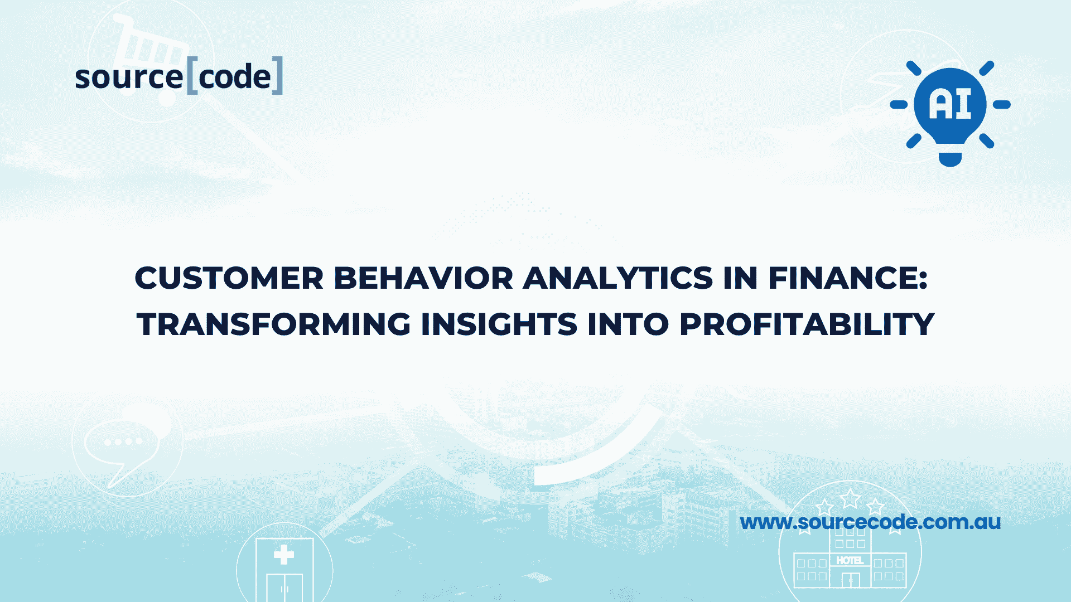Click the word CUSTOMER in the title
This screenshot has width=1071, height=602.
coord(229,278)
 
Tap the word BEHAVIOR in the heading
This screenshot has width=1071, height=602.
coord(423,278)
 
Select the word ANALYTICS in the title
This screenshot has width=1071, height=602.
coord(617,278)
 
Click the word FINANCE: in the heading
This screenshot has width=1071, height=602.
coord(848,278)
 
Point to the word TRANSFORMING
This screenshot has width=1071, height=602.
coord(273,324)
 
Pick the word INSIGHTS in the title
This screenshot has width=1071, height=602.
coord(499,324)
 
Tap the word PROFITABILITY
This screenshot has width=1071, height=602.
coord(806,324)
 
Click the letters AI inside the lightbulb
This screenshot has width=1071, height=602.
coord(950,104)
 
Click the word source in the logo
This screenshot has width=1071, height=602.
coord(129,77)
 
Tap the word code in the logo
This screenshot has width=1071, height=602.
coord(235,77)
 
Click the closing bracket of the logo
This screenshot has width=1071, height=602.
coord(278,75)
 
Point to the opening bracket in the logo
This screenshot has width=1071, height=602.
coord(191,75)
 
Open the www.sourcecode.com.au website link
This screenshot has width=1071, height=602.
coord(870,522)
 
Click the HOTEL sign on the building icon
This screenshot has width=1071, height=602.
coord(850,560)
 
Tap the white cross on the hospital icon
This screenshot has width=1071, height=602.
coord(284,555)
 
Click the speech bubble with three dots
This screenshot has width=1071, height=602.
coord(123,443)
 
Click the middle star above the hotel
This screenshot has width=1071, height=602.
coord(850,498)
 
